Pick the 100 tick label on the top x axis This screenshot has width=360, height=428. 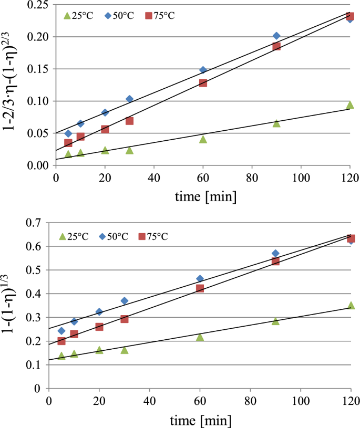(301, 178)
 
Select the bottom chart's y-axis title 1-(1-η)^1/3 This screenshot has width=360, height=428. (12, 307)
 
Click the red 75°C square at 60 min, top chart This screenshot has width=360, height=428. (203, 83)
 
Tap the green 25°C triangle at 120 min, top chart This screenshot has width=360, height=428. (350, 105)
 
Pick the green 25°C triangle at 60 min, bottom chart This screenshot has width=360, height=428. (200, 337)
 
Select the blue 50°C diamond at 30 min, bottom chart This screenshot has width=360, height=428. (124, 301)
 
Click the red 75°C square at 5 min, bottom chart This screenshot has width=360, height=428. (61, 341)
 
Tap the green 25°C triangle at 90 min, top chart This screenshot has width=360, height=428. (276, 123)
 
